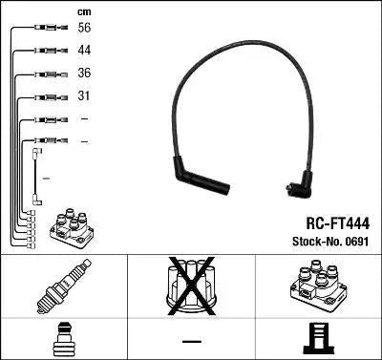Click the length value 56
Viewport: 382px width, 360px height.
tap(86, 29)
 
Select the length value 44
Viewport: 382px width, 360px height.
tap(86, 51)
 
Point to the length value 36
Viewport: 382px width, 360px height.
tap(86, 74)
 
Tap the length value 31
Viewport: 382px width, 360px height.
tap(86, 96)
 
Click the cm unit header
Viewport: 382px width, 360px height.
tap(85, 11)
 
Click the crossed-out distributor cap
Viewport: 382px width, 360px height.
tap(191, 286)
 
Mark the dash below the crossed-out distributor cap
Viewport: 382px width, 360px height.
tap(191, 341)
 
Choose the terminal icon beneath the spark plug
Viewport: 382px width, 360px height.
tap(64, 340)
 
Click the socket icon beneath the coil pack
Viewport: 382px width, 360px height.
tap(318, 340)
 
